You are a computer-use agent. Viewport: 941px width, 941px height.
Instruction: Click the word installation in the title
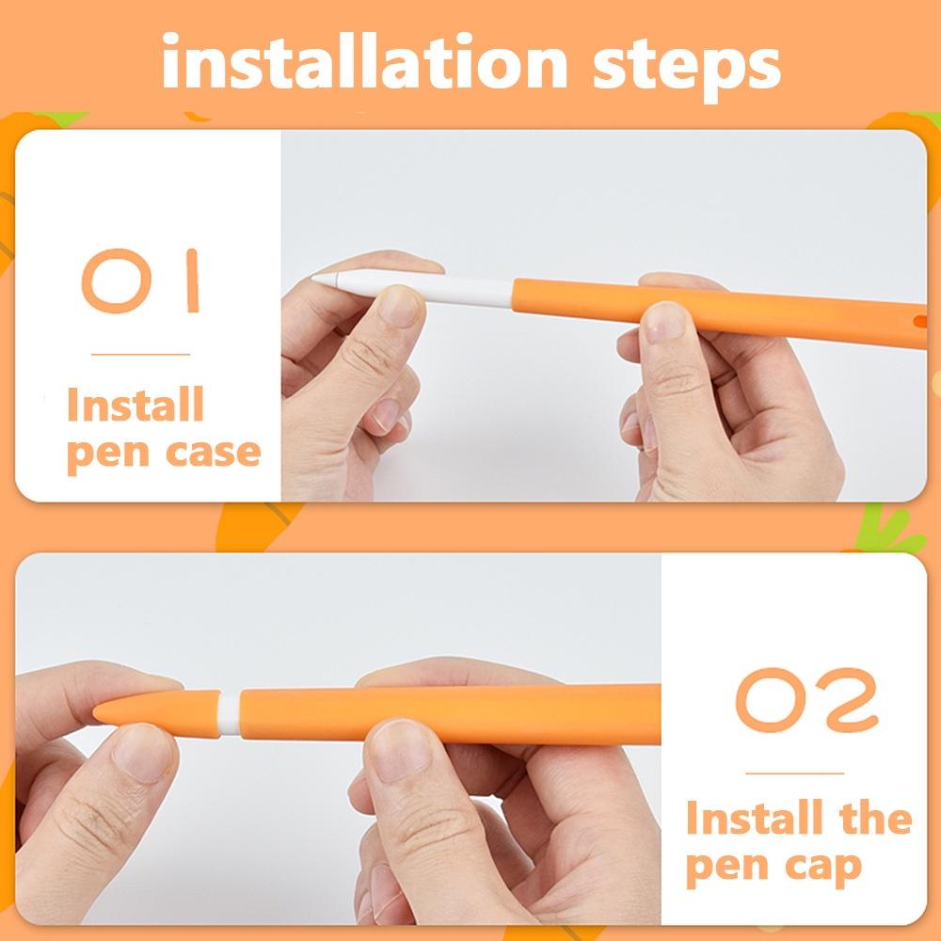(362, 62)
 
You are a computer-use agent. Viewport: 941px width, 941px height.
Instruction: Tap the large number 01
(142, 280)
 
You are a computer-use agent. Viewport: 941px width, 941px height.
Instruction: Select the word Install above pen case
(136, 406)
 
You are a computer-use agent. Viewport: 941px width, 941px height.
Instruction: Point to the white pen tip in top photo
(326, 279)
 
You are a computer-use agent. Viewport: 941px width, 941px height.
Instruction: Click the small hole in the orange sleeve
(919, 321)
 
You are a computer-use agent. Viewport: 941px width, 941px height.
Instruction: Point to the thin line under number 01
(140, 355)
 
